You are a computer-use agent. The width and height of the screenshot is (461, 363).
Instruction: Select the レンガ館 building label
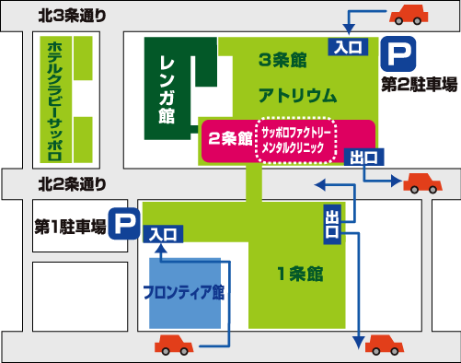[167, 88]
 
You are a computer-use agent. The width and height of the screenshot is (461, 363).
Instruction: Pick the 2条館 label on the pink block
[230, 138]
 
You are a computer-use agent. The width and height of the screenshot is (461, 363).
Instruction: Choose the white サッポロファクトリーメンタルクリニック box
[297, 140]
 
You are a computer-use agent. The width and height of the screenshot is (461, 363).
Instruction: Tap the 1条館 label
[300, 273]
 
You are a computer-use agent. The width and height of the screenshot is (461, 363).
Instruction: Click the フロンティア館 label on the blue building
[184, 293]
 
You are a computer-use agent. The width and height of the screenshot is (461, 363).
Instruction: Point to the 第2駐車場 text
[419, 86]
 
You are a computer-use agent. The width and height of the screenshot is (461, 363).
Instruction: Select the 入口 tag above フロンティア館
[163, 235]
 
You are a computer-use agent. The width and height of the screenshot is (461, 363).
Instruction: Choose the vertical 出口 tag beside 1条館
[332, 225]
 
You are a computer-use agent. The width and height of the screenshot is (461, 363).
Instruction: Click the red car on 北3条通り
[410, 15]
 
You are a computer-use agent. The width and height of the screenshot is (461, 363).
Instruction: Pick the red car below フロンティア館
[175, 345]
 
